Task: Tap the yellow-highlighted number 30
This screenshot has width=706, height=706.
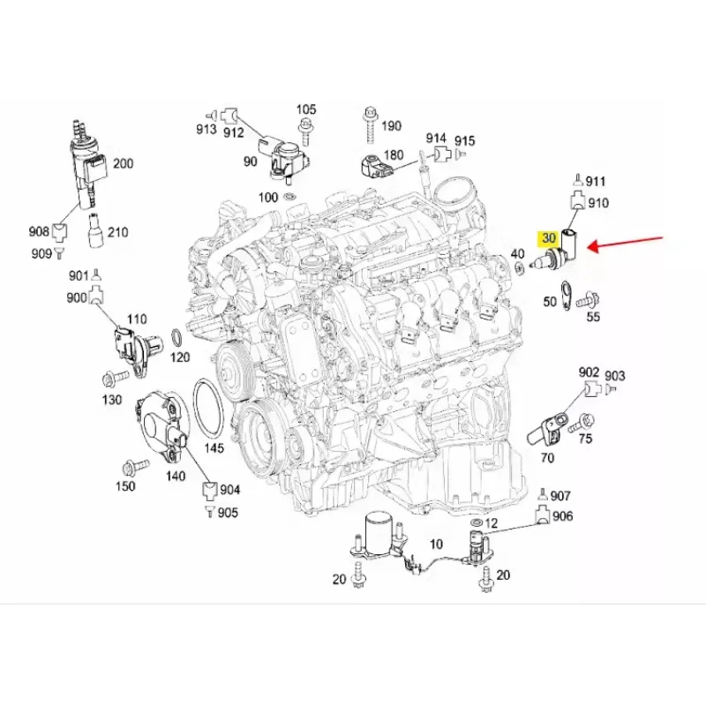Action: (548, 237)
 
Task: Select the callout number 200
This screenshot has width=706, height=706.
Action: (123, 163)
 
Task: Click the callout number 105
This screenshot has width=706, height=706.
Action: (305, 110)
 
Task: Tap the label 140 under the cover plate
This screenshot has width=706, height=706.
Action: (176, 477)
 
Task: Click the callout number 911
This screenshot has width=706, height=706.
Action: (597, 181)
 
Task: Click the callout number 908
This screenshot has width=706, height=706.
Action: (38, 231)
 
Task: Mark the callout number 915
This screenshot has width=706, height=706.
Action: (465, 140)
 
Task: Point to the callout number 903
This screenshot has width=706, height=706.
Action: (614, 376)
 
